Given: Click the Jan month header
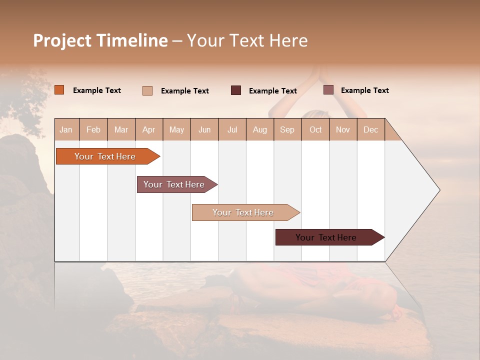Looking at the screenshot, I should [x=66, y=129].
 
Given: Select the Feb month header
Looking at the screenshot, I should [x=93, y=129].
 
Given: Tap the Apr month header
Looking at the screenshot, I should [x=149, y=129].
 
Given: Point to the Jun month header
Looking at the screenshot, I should [x=204, y=129].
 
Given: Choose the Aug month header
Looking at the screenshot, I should [x=260, y=129].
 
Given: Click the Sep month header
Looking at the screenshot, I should [x=287, y=129].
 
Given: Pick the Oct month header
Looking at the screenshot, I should [x=315, y=129].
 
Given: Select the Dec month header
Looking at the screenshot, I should [x=371, y=129].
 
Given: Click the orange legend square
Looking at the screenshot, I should [x=59, y=90].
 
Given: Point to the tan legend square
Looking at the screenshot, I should [x=147, y=90].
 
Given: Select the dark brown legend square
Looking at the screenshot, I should [x=236, y=90].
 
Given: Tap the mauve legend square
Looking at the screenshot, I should [x=328, y=90].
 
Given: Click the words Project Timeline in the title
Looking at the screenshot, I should [x=100, y=40].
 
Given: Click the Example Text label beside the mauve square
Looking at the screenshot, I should [x=364, y=90].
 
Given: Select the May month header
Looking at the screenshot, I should [x=176, y=129].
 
